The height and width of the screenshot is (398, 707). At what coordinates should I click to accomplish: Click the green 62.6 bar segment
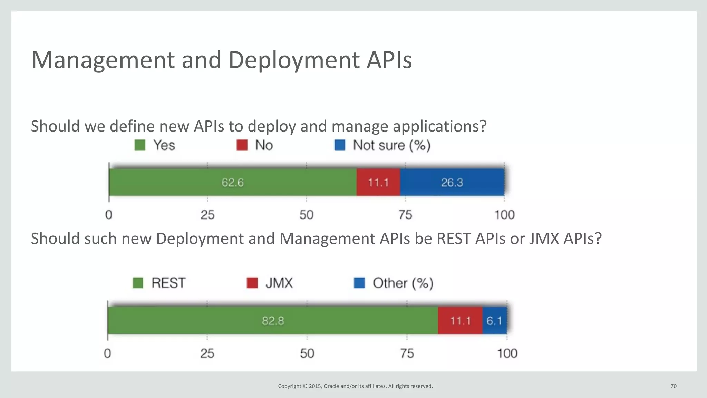tap(232, 182)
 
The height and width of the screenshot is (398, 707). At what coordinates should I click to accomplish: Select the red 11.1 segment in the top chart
tap(378, 182)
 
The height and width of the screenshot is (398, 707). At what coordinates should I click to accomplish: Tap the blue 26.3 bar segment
tap(452, 182)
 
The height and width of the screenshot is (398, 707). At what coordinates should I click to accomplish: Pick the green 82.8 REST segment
tap(273, 321)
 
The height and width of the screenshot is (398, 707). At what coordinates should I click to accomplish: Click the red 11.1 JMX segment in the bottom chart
tap(460, 321)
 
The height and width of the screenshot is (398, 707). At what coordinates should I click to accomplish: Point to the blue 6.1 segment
tap(494, 321)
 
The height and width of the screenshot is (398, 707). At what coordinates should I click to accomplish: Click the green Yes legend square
tap(140, 145)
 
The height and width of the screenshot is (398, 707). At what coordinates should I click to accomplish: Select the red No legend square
tap(242, 145)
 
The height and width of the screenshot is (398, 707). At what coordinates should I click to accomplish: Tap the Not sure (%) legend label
tap(391, 145)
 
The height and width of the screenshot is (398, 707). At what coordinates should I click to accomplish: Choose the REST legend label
tap(168, 283)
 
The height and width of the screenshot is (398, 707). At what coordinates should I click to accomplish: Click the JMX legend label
tap(279, 283)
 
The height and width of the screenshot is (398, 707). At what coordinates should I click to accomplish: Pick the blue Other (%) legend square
tap(359, 283)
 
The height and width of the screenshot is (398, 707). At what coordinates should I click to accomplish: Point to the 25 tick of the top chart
tap(207, 215)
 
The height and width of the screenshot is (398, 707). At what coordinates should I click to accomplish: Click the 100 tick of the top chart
tap(504, 215)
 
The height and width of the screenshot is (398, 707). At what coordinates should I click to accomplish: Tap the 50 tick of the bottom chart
tap(307, 353)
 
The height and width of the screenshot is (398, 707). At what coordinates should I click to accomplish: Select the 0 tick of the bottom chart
tap(107, 353)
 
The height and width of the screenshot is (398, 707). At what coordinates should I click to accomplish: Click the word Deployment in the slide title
tap(294, 60)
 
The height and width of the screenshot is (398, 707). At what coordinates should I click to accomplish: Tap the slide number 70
tap(674, 386)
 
